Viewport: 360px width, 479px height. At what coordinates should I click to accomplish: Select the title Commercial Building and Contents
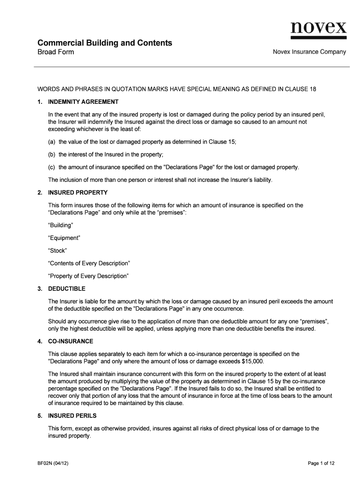click(x=105, y=43)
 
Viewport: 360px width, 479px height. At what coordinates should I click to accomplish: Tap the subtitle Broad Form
click(x=56, y=52)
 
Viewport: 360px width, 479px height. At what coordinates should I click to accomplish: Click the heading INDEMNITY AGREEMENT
click(x=83, y=102)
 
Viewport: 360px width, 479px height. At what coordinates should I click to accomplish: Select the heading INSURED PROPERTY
click(x=78, y=192)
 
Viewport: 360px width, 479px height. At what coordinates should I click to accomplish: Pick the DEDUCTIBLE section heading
click(x=67, y=289)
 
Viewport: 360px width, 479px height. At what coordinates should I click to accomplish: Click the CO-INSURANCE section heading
click(x=71, y=341)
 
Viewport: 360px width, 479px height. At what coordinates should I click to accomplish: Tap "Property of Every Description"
click(x=88, y=276)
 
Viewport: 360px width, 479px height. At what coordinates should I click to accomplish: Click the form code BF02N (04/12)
click(x=55, y=464)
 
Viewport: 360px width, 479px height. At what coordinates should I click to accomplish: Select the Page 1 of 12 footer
click(x=321, y=464)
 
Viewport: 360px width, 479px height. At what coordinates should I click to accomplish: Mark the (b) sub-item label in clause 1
click(x=52, y=155)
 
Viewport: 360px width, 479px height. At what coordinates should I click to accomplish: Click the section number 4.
click(x=40, y=341)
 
